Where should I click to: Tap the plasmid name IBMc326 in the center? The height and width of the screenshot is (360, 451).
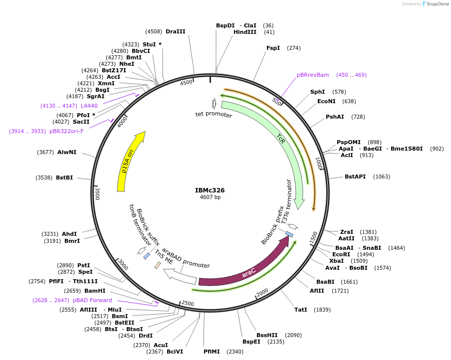pyautogui.click(x=210, y=190)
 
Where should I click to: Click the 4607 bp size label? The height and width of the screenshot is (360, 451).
pyautogui.click(x=210, y=197)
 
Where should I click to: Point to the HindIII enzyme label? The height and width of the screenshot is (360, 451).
pyautogui.click(x=245, y=32)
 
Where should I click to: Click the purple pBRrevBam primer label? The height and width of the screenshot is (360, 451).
pyautogui.click(x=313, y=75)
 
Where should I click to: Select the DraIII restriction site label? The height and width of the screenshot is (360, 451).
pyautogui.click(x=175, y=31)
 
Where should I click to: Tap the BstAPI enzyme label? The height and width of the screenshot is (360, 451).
pyautogui.click(x=356, y=177)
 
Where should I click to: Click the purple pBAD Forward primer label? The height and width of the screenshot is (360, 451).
pyautogui.click(x=92, y=300)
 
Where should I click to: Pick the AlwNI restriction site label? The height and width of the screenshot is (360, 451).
pyautogui.click(x=67, y=152)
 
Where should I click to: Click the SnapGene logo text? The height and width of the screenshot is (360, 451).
pyautogui.click(x=436, y=4)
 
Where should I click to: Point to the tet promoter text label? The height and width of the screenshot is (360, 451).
pyautogui.click(x=214, y=115)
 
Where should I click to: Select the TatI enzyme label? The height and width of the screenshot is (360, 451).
pyautogui.click(x=301, y=310)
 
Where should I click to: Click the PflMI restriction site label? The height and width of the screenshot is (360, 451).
pyautogui.click(x=212, y=352)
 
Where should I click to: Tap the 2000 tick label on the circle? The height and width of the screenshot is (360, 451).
pyautogui.click(x=262, y=292)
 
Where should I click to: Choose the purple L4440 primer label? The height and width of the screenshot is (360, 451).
pyautogui.click(x=89, y=106)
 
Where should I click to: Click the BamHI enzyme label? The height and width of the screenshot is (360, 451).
pyautogui.click(x=95, y=291)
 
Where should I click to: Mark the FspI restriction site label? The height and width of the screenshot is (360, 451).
pyautogui.click(x=273, y=48)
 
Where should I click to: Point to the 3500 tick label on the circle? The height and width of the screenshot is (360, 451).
pyautogui.click(x=98, y=193)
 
